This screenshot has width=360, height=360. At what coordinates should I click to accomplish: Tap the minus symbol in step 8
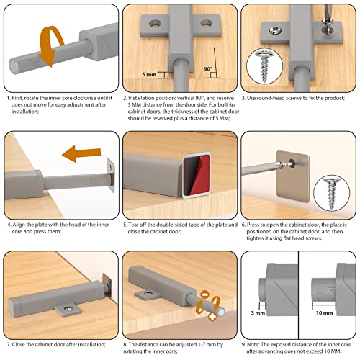(204, 294)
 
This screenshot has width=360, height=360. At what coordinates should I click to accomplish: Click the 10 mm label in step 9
(324, 312)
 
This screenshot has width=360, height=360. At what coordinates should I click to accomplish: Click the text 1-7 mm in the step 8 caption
(204, 345)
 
